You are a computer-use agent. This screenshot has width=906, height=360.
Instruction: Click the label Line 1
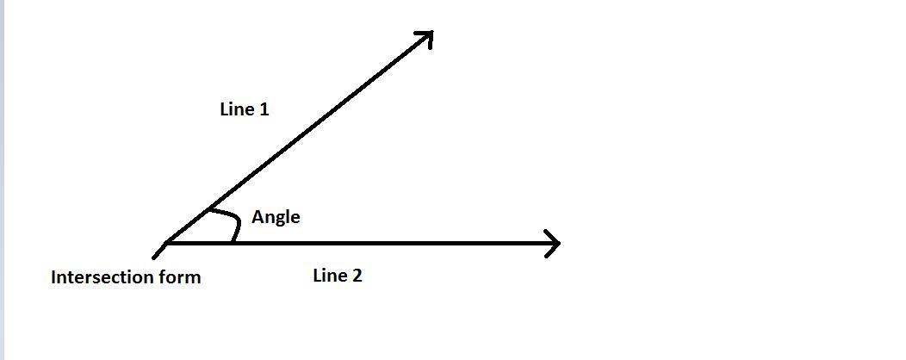pyautogui.click(x=245, y=109)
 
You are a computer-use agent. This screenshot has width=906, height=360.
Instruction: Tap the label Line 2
pyautogui.click(x=337, y=276)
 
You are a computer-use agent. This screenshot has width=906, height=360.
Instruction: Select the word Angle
pyautogui.click(x=276, y=217)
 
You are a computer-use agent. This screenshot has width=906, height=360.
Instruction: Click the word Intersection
pyautogui.click(x=102, y=277)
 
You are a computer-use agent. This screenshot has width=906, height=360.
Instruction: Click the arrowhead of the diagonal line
pyautogui.click(x=425, y=36)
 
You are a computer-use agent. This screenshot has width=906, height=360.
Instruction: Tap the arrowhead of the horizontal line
pyautogui.click(x=554, y=244)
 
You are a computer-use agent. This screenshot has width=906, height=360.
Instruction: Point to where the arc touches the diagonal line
pyautogui.click(x=208, y=210)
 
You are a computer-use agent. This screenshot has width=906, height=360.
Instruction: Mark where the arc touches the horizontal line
pyautogui.click(x=233, y=243)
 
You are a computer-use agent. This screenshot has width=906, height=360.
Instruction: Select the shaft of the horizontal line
pyautogui.click(x=388, y=244)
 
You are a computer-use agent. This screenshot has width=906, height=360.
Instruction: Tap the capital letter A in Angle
pyautogui.click(x=258, y=217)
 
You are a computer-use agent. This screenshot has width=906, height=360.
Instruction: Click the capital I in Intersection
pyautogui.click(x=54, y=277)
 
